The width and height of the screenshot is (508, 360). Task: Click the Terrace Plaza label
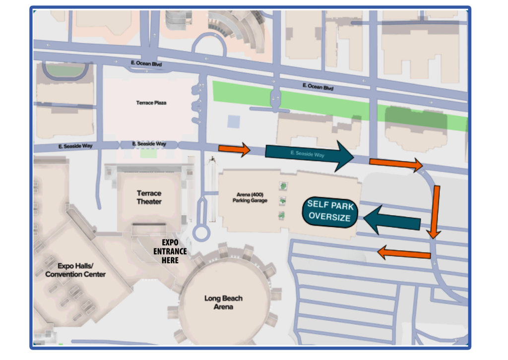pos(151,103)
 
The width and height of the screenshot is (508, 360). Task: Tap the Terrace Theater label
pos(149,197)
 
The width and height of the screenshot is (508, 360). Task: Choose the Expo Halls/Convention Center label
pos(75,270)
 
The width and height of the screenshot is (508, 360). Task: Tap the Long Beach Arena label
pos(223,302)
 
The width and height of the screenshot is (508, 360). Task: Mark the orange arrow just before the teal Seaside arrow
pos(235,149)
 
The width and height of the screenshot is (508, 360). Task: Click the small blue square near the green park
pos(233,121)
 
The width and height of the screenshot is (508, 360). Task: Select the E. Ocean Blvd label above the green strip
pos(318,87)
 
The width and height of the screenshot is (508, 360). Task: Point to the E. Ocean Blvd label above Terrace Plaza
pos(146,63)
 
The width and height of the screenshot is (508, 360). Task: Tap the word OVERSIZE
pos(329,217)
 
